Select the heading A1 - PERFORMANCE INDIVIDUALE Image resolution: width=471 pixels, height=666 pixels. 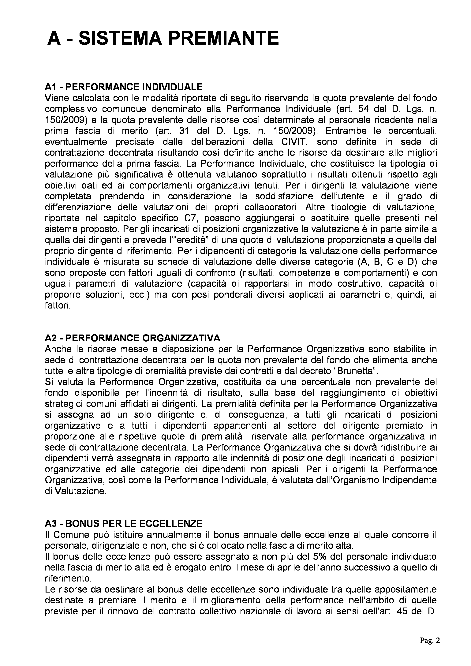(x=124, y=87)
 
